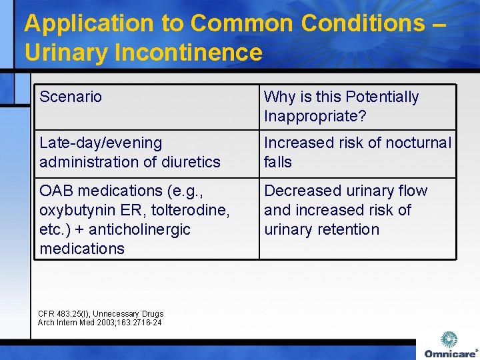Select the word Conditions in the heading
[363, 23]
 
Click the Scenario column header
[71, 97]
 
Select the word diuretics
[189, 162]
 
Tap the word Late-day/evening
[101, 143]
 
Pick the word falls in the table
[278, 162]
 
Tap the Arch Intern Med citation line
[99, 323]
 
